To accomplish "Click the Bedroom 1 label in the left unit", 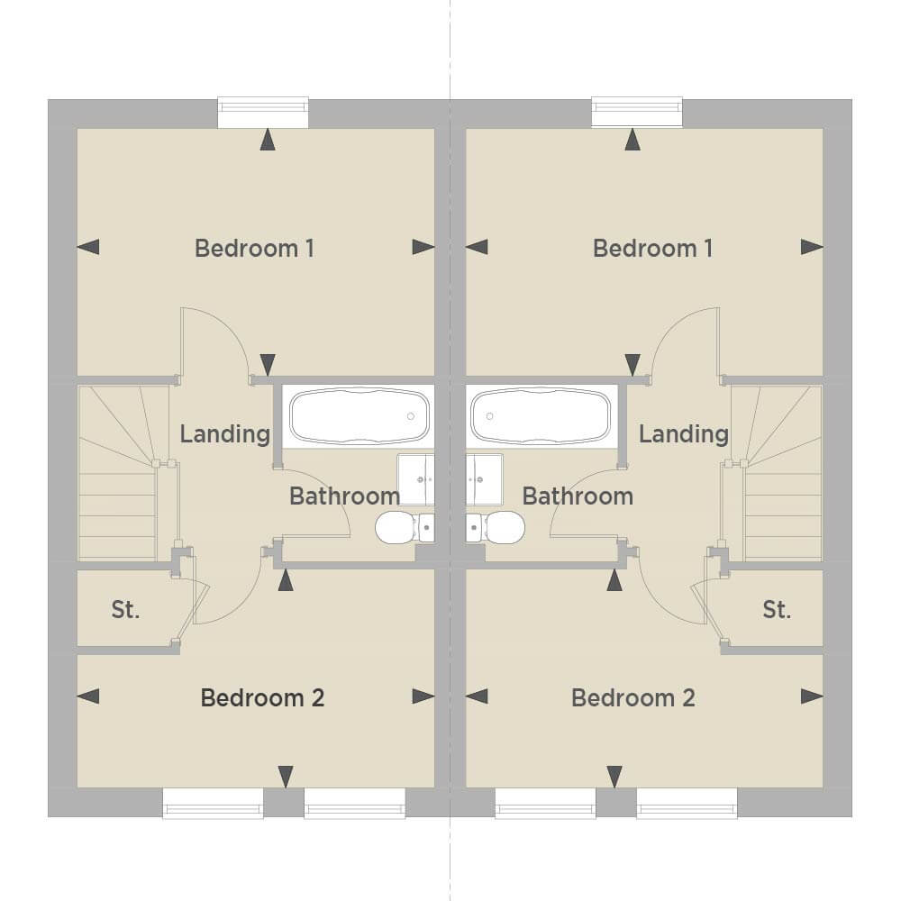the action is [x=254, y=249].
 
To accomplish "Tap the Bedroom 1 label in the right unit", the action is [x=652, y=249].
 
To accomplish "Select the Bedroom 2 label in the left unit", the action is [x=262, y=697].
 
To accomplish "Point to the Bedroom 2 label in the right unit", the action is [x=633, y=697].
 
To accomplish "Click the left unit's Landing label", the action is [x=224, y=434].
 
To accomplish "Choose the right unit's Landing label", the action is [x=684, y=434].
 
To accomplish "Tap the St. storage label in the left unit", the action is [x=125, y=610].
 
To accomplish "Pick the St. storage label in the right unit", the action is [x=777, y=610].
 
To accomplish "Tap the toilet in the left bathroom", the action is [x=405, y=527].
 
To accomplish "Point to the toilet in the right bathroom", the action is [x=496, y=527].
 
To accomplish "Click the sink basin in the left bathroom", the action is [x=416, y=480].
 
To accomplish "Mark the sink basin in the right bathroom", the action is [x=485, y=480].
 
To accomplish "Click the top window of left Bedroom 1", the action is [x=263, y=112].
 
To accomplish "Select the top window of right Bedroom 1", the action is [x=637, y=112].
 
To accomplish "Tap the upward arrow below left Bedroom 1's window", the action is [x=268, y=140].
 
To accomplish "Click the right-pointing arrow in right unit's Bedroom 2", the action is [x=812, y=696].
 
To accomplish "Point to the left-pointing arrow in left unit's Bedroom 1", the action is [x=88, y=247].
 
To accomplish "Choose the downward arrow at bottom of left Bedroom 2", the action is [x=286, y=777].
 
